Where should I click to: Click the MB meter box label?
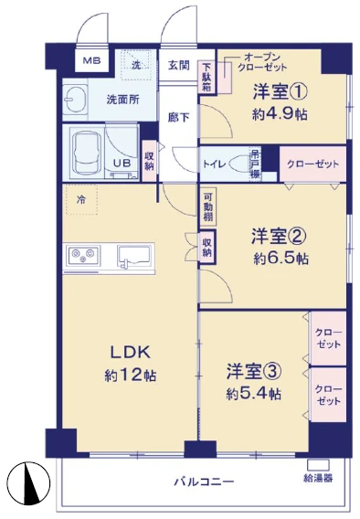point(91,61)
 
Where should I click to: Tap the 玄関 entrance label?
point(179,65)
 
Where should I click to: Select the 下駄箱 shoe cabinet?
point(207,77)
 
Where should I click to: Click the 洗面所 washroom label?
point(122,100)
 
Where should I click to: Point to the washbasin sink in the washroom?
point(75,99)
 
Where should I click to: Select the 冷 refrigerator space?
point(81,199)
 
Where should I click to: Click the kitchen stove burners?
point(83,256)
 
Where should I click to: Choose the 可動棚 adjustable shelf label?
point(207,207)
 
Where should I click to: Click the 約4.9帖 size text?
point(280,114)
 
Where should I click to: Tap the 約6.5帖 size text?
point(281,258)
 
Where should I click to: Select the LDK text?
point(131,352)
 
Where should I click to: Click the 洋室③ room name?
point(254,371)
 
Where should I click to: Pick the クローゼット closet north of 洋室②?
point(312,164)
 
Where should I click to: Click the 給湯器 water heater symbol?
point(318,465)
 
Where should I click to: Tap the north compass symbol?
point(29,482)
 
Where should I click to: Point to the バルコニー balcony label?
point(204,481)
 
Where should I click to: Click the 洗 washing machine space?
point(138,65)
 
